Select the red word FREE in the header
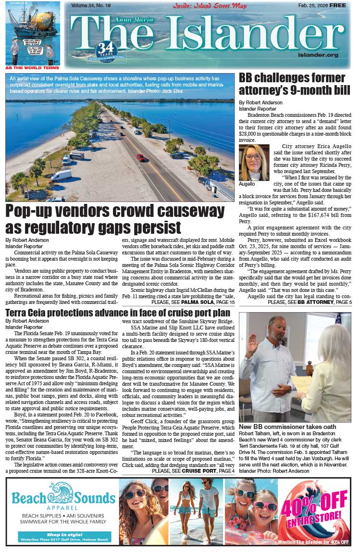point(337,5)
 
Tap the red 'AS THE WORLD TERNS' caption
point(32,68)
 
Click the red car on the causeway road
point(140,157)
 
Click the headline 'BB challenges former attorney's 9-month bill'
point(292,84)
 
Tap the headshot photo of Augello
point(254,162)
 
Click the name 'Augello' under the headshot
point(248,184)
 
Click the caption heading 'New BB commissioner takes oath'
point(287,427)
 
